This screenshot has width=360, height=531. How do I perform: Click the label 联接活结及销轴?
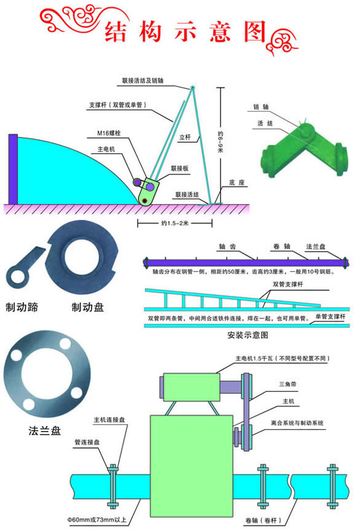pos(143,80)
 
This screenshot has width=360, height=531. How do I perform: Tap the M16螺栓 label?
pos(109,133)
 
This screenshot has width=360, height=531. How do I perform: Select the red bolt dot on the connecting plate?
pos(145,201)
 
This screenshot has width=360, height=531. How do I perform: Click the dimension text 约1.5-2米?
pos(174,223)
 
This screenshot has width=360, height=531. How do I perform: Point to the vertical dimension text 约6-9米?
pos(221,142)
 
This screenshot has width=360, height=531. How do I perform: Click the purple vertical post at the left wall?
pos(13,169)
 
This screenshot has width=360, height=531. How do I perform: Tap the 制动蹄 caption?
pos(22,307)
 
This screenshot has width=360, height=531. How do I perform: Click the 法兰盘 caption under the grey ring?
pos(45,431)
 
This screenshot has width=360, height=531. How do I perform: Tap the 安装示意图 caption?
pos(248,335)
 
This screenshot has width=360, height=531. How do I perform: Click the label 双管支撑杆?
pos(288,284)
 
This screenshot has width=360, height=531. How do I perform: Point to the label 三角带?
pos(288,384)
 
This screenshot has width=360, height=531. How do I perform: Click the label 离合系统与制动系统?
pos(297,423)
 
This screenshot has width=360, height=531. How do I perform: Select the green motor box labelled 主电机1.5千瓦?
pos(192,387)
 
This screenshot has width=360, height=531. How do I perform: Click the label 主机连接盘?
pos(109,420)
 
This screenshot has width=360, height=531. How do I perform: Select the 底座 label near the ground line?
pos(237,182)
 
